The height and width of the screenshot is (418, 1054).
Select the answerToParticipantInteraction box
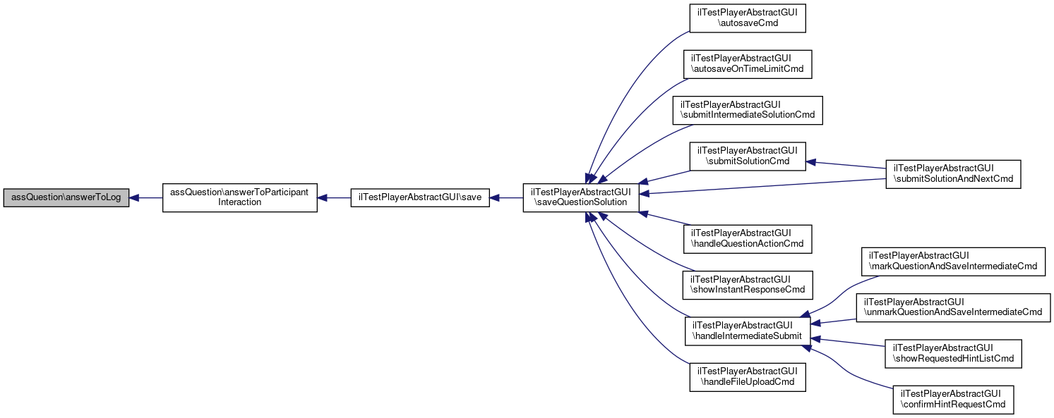[x=240, y=197]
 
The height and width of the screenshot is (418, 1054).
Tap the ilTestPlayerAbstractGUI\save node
[x=420, y=198]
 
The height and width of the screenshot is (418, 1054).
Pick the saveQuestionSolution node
[x=581, y=197]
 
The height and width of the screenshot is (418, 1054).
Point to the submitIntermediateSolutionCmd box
[x=748, y=109]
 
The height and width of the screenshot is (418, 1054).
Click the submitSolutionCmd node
[x=748, y=156]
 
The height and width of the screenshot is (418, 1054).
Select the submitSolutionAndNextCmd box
[x=953, y=173]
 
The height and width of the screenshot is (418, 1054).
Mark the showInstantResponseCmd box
[x=748, y=284]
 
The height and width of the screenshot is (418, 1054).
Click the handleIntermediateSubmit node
[x=748, y=331]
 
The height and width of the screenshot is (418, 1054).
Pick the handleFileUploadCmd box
[x=748, y=376]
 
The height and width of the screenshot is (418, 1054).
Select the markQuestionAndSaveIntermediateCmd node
[x=953, y=261]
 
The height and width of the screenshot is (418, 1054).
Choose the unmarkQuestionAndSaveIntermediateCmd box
[x=953, y=307]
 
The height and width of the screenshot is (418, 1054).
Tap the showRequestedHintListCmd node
[x=953, y=353]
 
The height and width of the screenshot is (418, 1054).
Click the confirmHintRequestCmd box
[x=953, y=399]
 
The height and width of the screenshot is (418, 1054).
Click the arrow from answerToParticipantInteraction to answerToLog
[x=146, y=198]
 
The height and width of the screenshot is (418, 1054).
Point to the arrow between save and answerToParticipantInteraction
[x=334, y=198]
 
